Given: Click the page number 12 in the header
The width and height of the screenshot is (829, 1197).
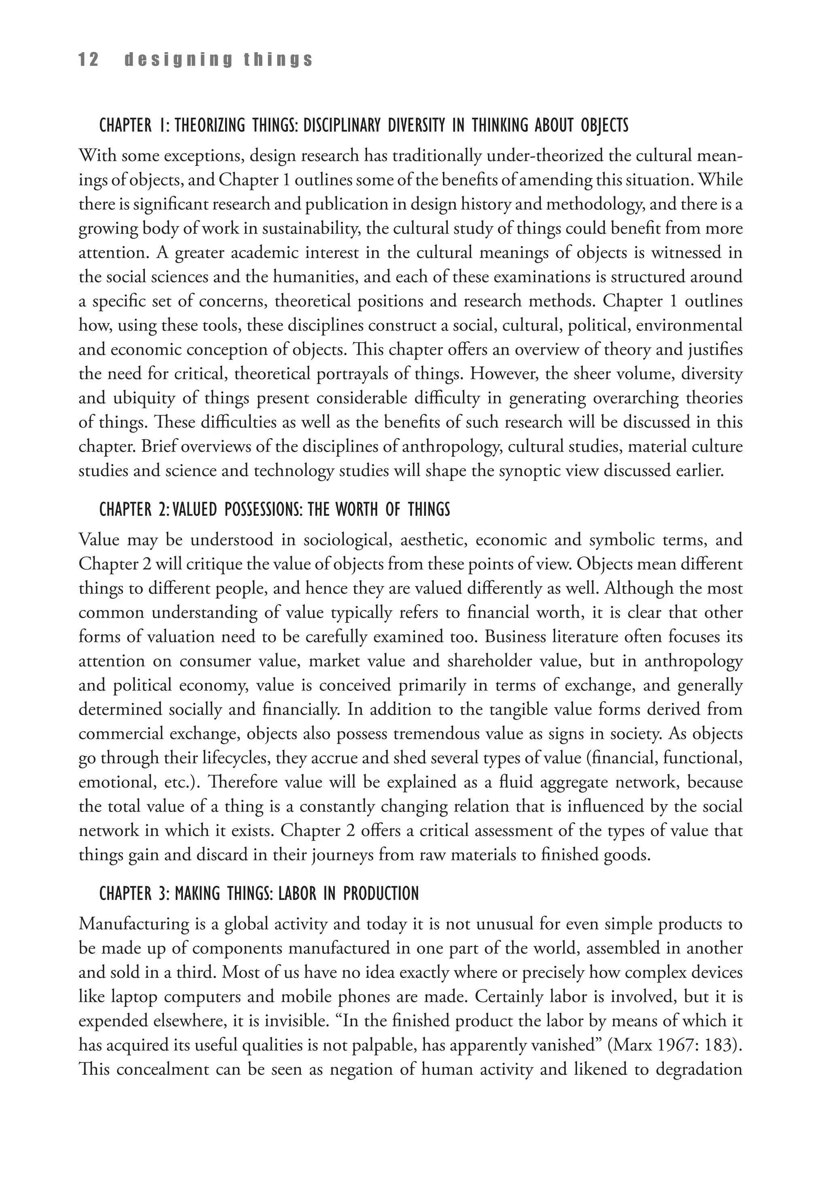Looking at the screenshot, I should (88, 60).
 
